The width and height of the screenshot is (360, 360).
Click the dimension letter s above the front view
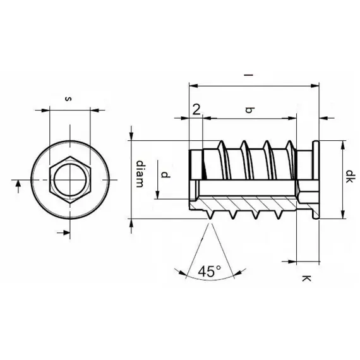(68, 99)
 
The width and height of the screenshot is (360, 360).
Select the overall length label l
(251, 76)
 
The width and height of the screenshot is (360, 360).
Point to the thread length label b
(249, 111)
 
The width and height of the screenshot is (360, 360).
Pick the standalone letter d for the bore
(164, 174)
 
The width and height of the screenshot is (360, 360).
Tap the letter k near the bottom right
(306, 278)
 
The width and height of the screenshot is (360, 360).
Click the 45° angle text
(209, 271)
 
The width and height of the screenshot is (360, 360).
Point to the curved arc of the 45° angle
(208, 280)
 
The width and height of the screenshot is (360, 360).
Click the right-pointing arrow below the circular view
(61, 234)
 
